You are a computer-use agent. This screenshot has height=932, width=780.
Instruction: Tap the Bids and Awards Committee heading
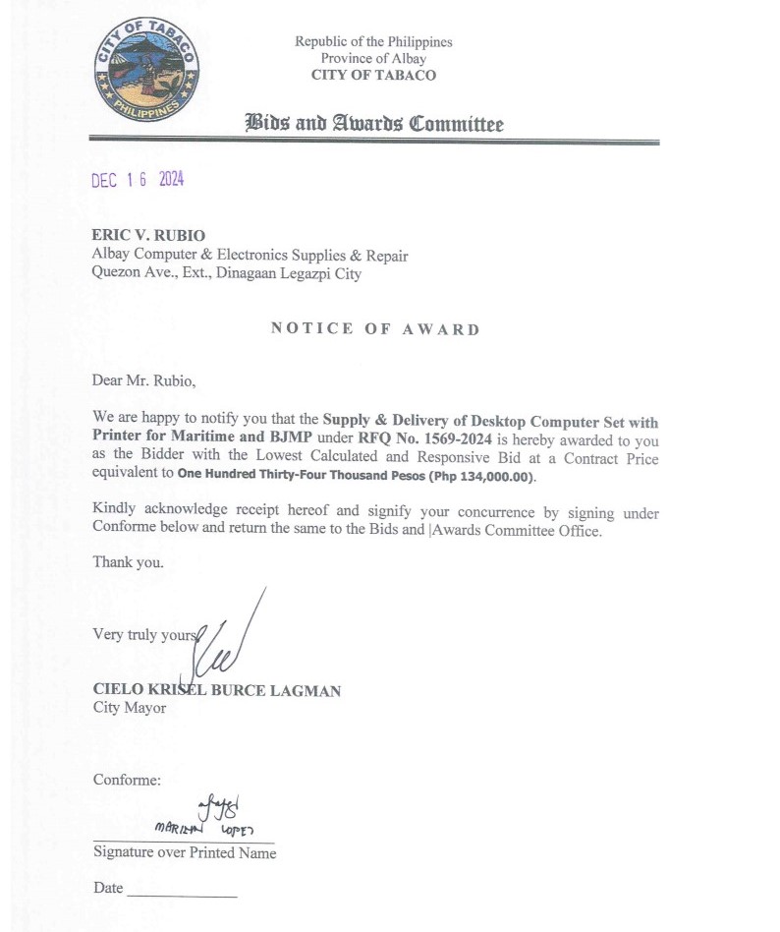(x=373, y=124)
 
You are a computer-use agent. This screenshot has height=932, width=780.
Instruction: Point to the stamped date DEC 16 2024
(x=138, y=180)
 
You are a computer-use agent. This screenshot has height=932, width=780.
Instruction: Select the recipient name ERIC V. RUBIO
(x=147, y=236)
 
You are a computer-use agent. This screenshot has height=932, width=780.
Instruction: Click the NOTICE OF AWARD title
(x=375, y=329)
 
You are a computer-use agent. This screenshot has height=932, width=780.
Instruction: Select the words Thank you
(x=128, y=563)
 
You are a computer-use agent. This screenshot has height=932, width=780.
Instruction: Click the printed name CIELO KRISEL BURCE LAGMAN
(x=217, y=691)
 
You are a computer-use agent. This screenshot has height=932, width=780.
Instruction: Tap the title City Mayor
(x=130, y=708)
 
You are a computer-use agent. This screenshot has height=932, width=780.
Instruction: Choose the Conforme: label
(x=127, y=781)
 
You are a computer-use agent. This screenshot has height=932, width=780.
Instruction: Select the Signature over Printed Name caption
(x=185, y=853)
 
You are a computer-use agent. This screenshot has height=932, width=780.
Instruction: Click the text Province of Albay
(x=373, y=58)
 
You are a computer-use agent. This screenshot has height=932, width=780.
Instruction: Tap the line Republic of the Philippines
(x=373, y=42)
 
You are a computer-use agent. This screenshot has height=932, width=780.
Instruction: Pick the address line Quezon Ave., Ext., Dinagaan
(x=226, y=274)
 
